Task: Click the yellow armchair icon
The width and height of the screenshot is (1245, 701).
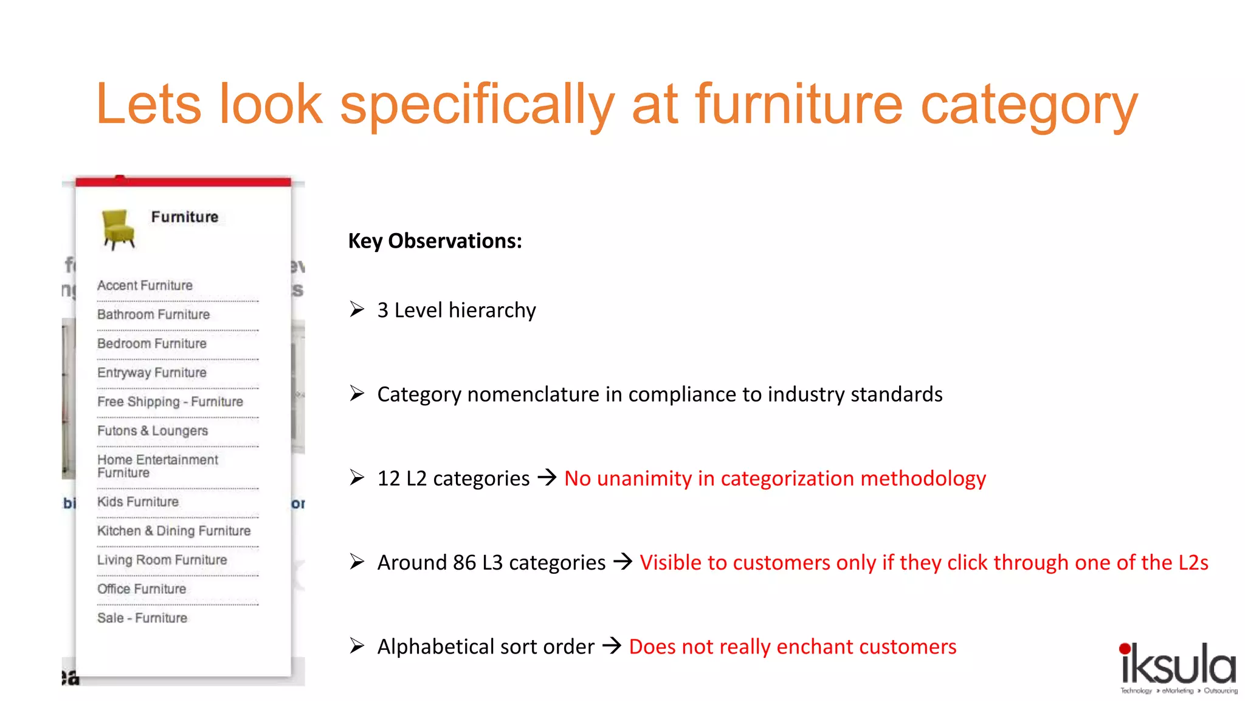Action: click(118, 229)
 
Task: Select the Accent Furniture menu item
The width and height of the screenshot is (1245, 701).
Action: click(145, 285)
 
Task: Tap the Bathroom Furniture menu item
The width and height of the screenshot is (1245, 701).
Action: click(153, 315)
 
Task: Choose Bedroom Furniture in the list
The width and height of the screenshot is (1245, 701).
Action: click(152, 344)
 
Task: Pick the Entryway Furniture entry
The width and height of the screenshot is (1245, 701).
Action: click(152, 372)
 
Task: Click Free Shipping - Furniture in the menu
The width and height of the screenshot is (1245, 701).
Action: click(170, 402)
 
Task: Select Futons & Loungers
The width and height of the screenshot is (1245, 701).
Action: click(153, 431)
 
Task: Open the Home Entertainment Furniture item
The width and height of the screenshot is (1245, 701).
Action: click(157, 466)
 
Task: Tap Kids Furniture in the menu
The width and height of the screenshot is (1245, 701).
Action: click(138, 502)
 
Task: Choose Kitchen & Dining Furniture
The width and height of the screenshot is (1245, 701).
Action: click(174, 531)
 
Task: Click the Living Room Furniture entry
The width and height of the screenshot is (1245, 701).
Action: click(162, 560)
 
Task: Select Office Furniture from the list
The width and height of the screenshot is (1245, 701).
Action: click(142, 589)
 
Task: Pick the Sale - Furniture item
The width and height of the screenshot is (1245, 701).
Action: click(142, 618)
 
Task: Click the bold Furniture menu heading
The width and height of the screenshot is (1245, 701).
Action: click(185, 217)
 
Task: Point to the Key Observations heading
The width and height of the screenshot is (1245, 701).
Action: click(435, 241)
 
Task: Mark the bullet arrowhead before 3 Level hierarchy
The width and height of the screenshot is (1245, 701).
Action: click(357, 310)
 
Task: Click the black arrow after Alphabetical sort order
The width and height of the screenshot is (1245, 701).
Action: click(612, 646)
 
